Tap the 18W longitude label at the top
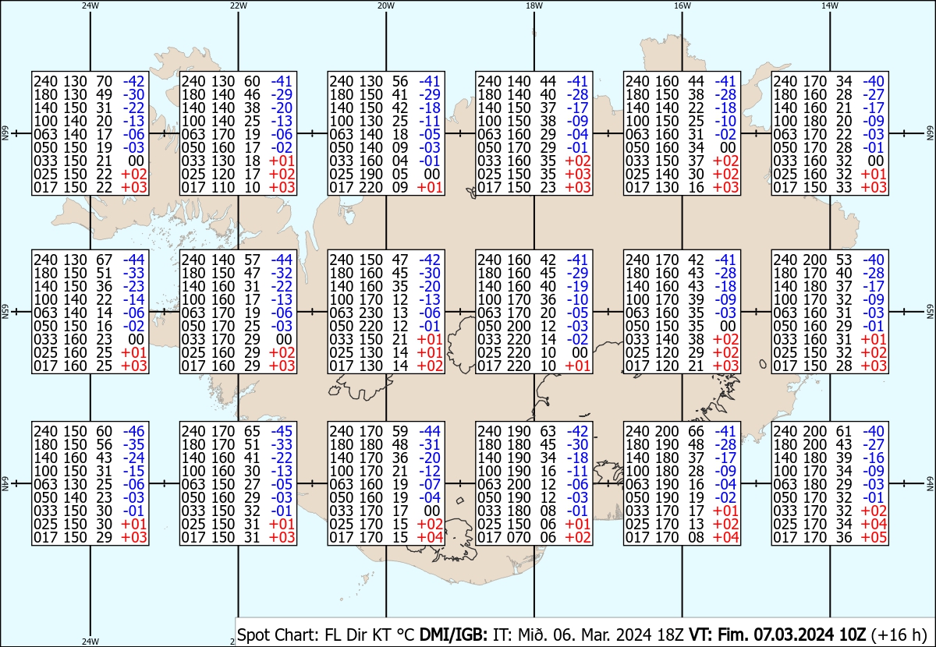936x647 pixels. click(534, 5)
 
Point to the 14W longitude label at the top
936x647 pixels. click(830, 5)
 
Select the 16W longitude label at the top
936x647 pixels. click(682, 5)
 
